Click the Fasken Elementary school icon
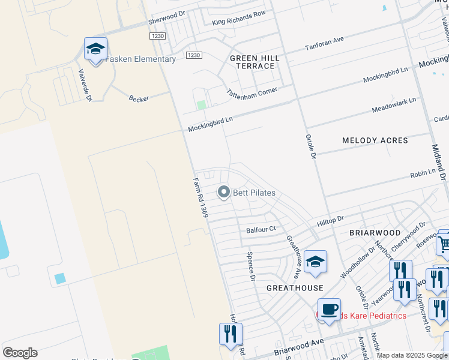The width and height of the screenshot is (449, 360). (x=95, y=49)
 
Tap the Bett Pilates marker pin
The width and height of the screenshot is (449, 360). (x=224, y=192)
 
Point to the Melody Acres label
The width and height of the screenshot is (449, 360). (x=375, y=140)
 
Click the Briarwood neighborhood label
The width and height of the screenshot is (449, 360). (x=375, y=232)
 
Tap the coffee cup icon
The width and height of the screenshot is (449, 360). (x=328, y=310)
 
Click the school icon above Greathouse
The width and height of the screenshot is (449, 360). (x=315, y=262)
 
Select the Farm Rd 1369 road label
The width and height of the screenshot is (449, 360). (x=200, y=197)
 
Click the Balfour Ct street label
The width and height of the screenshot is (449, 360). (x=261, y=229)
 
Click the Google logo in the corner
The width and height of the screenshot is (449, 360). (x=20, y=353)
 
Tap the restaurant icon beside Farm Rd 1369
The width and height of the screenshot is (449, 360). (x=231, y=334)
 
